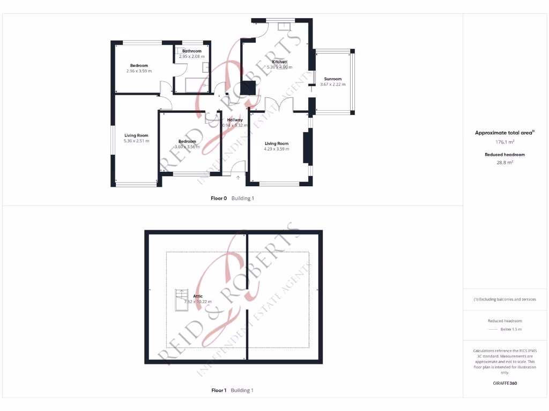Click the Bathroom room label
(191, 51)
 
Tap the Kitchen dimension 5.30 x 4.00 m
(279, 67)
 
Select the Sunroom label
(332, 79)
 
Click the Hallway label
(235, 120)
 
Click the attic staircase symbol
(182, 296)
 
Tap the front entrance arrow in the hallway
(238, 177)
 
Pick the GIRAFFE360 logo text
(505, 383)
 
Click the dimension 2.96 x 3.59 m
(139, 71)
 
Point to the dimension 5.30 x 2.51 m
(136, 141)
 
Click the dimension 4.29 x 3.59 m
(276, 149)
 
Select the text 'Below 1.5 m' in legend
(510, 329)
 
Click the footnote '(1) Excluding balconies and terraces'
(505, 299)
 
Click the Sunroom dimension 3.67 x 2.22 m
(332, 84)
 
